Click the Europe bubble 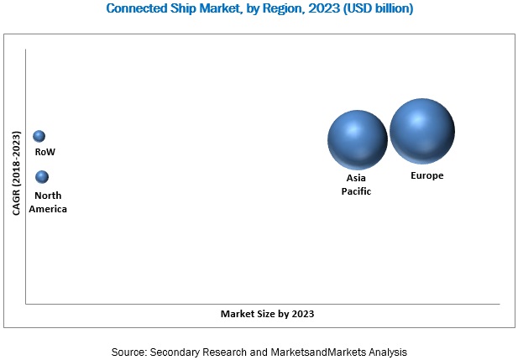(x=422, y=131)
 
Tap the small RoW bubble (x=39, y=136)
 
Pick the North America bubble (x=42, y=177)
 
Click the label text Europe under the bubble (x=426, y=176)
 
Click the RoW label (x=44, y=153)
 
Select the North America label (x=48, y=202)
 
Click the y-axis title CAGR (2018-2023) (x=16, y=173)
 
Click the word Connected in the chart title (x=140, y=9)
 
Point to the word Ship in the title (x=196, y=9)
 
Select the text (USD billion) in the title (x=371, y=9)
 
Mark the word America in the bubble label (x=48, y=209)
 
